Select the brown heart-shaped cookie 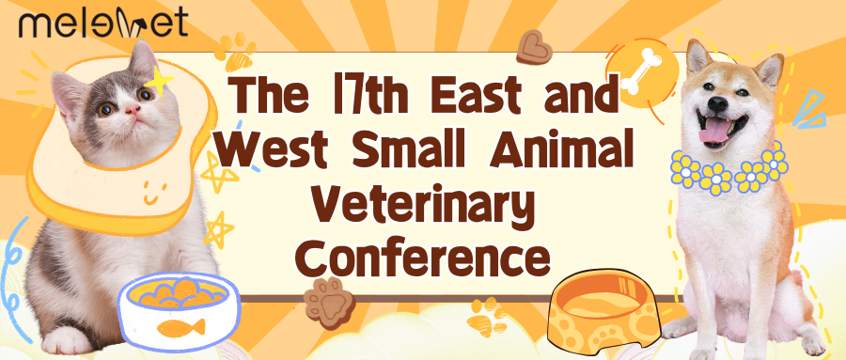coord(533,47)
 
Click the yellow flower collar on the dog coord(728,171)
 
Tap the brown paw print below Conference coord(329,295)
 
